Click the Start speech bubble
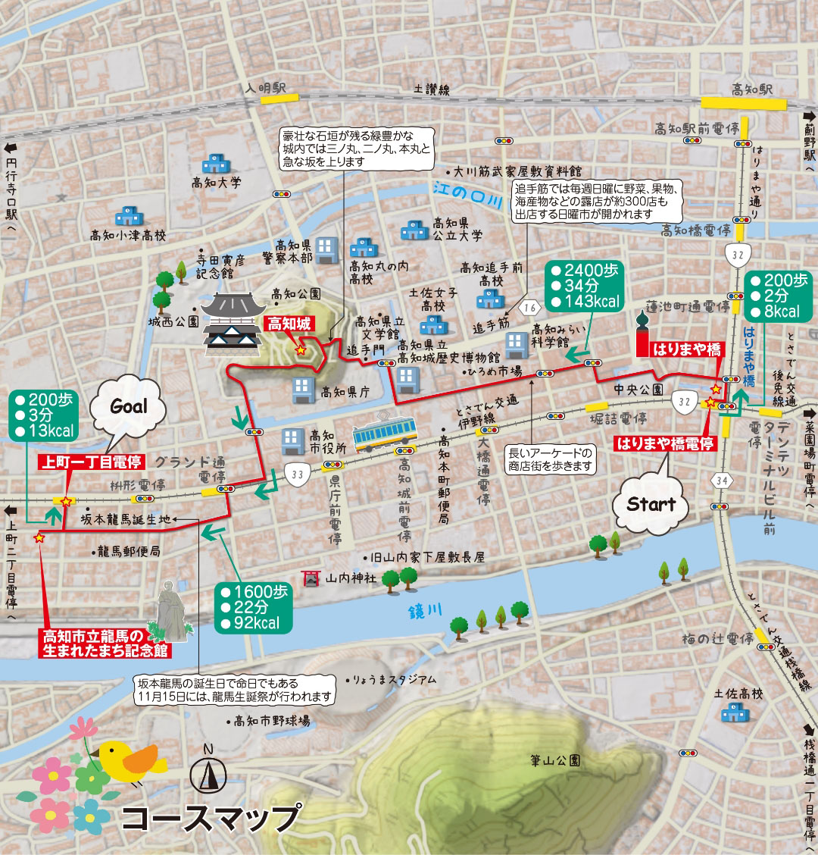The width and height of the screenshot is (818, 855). [x=651, y=504]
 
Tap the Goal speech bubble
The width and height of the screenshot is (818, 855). [x=129, y=407]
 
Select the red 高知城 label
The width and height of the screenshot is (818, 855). [x=289, y=324]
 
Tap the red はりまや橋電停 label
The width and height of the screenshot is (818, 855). [x=665, y=443]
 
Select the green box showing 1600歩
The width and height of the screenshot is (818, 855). [x=253, y=607]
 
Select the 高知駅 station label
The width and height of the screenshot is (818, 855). [x=751, y=89]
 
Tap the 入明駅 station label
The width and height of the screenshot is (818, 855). [x=264, y=89]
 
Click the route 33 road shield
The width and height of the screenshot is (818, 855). [x=297, y=474]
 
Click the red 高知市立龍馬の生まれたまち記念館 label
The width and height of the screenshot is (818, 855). [x=104, y=644]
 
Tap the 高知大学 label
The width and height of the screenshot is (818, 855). [x=216, y=183]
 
